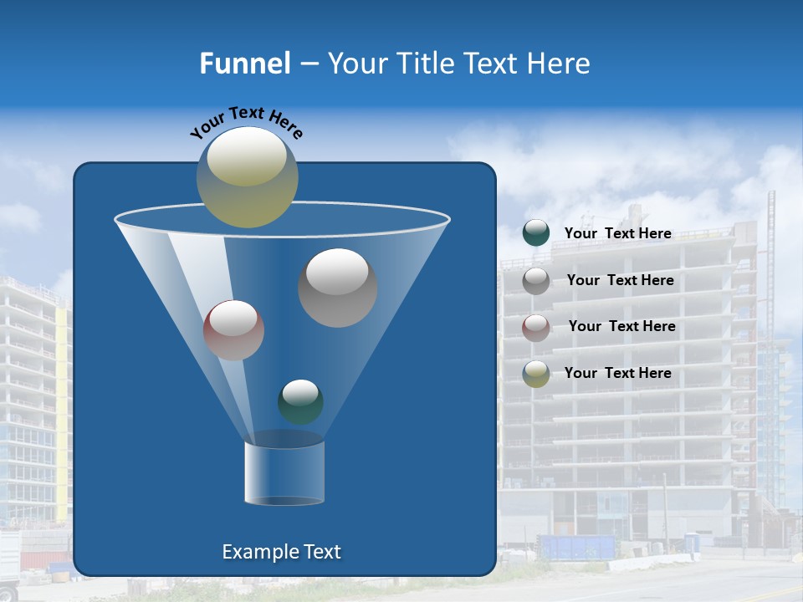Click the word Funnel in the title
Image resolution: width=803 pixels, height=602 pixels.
pos(244,64)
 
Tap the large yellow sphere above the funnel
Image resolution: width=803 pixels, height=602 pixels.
pos(247,176)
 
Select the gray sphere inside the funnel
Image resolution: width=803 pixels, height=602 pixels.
pos(337,287)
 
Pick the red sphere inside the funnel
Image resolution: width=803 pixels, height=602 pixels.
pos(233,329)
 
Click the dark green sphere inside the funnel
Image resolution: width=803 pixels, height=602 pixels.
pos(300,401)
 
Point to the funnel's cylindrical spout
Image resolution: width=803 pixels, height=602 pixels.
pos(284,472)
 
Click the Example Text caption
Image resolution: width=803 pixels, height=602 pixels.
pos(282,552)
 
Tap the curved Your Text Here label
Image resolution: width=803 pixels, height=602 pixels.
pos(247,122)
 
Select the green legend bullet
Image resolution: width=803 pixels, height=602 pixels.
pos(536,233)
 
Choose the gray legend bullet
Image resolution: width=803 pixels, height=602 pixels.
pos(536,281)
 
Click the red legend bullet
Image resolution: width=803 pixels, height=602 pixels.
pos(536,327)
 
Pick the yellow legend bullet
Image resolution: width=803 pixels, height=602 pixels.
pos(536,374)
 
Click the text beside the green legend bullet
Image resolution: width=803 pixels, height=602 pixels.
pos(618,234)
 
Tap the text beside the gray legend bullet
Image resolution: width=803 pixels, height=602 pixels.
pos(620,281)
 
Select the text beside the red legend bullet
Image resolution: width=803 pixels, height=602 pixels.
pos(621,327)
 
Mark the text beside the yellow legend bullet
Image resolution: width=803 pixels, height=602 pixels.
pos(618,374)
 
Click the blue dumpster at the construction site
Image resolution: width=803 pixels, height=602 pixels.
pos(577,548)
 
